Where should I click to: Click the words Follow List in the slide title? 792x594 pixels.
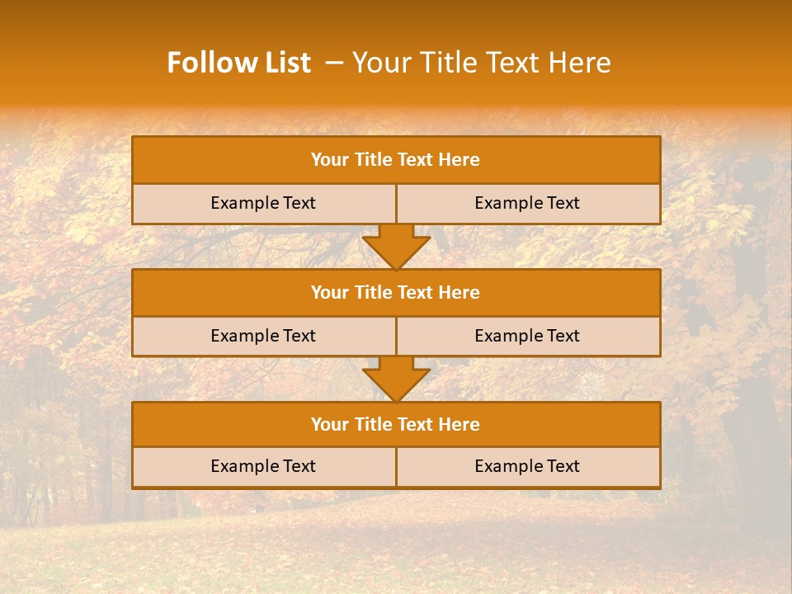239,63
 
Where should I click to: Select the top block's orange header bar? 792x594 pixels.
396,160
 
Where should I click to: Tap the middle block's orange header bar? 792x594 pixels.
396,292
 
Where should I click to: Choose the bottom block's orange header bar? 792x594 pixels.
396,424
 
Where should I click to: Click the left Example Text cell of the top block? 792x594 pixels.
263,203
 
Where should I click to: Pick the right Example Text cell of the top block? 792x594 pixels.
527,203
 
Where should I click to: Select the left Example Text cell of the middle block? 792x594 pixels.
263,336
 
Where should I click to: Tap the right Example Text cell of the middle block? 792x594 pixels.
527,336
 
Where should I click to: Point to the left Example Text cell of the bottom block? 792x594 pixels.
263,466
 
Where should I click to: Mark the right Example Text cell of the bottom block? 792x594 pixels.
527,466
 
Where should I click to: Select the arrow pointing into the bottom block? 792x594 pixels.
396,379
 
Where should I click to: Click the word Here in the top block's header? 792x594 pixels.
460,160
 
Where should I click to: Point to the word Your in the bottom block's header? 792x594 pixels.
329,424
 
